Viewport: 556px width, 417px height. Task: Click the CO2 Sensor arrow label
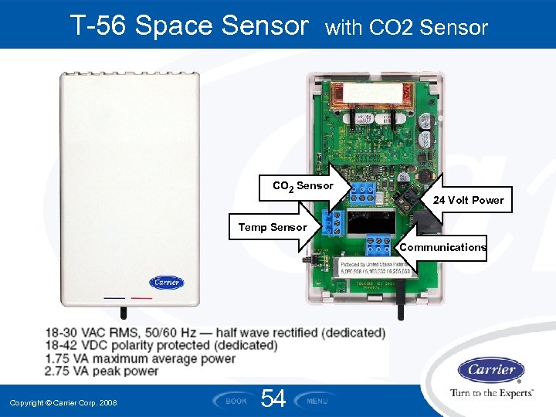(303, 186)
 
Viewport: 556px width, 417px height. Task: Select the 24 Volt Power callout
(468, 200)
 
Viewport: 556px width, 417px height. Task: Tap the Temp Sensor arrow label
(273, 227)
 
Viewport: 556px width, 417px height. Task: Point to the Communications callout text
(442, 247)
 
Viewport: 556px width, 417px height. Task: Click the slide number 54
(273, 399)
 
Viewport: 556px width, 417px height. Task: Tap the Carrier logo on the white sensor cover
(166, 283)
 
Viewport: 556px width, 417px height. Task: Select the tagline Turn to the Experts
(491, 393)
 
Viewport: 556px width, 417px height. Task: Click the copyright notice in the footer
(63, 403)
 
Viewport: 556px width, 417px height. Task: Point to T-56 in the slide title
(98, 26)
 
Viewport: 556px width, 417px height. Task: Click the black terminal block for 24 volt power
(404, 198)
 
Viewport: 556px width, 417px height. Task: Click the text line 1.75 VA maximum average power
(140, 358)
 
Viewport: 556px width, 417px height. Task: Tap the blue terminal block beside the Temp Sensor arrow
(332, 223)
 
